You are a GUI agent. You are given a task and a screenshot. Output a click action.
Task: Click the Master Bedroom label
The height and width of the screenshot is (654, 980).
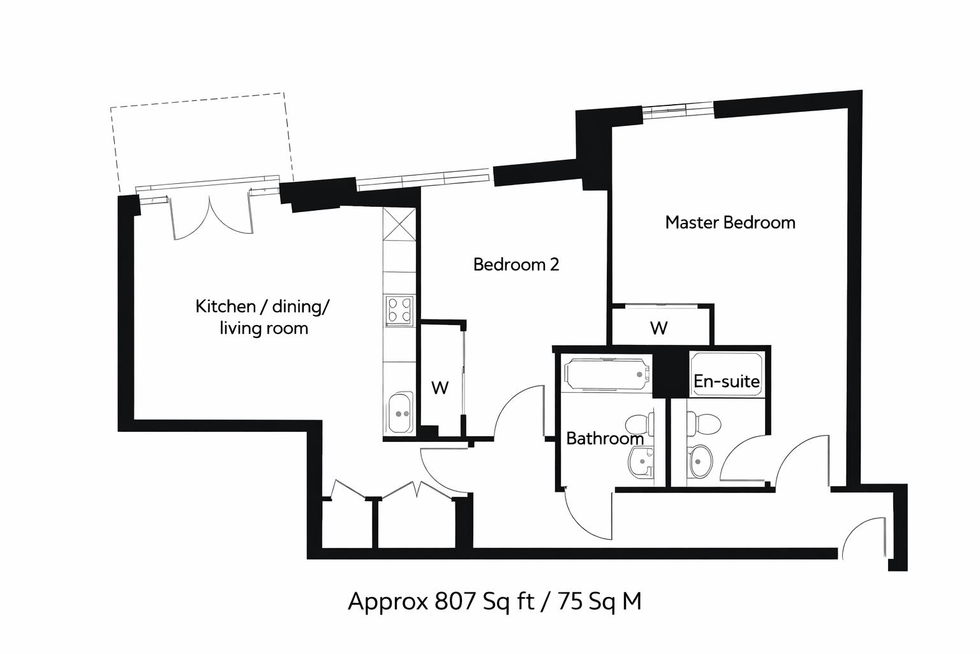pyautogui.click(x=730, y=222)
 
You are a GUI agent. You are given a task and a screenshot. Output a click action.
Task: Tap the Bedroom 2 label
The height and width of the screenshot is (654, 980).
pyautogui.click(x=516, y=264)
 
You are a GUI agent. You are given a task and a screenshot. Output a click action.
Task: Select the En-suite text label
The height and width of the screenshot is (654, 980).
pyautogui.click(x=726, y=381)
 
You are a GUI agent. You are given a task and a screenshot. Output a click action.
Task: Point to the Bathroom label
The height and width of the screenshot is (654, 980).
pyautogui.click(x=605, y=438)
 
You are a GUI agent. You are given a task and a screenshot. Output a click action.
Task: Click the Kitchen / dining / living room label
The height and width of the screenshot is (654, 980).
pyautogui.click(x=262, y=317)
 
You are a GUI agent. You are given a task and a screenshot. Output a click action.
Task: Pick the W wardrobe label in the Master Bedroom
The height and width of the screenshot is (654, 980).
pyautogui.click(x=658, y=328)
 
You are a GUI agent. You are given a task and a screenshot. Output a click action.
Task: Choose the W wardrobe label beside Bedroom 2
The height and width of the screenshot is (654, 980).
pyautogui.click(x=440, y=387)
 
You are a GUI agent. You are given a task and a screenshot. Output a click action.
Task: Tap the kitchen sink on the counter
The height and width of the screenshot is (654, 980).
pyautogui.click(x=399, y=414)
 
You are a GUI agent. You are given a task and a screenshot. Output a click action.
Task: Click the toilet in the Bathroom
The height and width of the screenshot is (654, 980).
pyautogui.click(x=639, y=423)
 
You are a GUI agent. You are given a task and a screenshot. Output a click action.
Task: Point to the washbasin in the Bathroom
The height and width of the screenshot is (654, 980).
pyautogui.click(x=641, y=461)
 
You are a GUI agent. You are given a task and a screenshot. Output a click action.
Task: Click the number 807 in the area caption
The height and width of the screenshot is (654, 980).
pyautogui.click(x=455, y=601)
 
